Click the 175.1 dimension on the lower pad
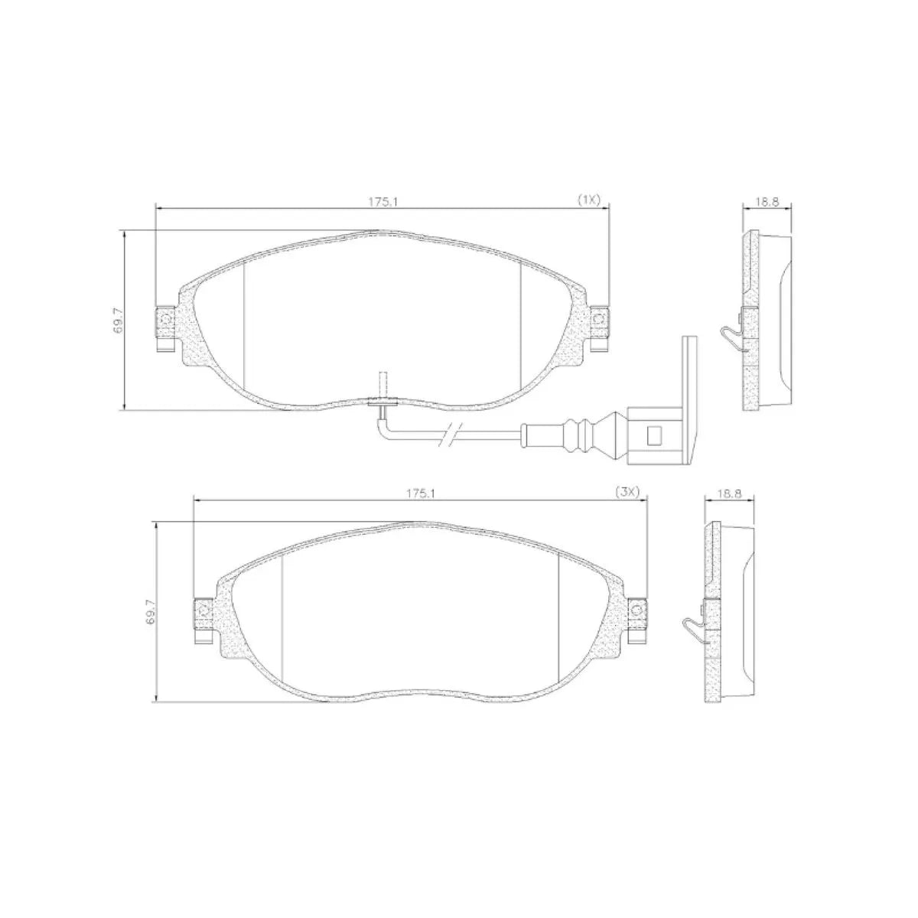click(x=421, y=493)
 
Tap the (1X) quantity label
click(x=589, y=200)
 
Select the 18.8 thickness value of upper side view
click(x=767, y=202)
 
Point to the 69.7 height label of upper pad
click(x=116, y=321)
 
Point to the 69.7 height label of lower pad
click(x=150, y=613)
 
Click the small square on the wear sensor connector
click(x=653, y=436)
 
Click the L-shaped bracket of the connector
click(x=689, y=398)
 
